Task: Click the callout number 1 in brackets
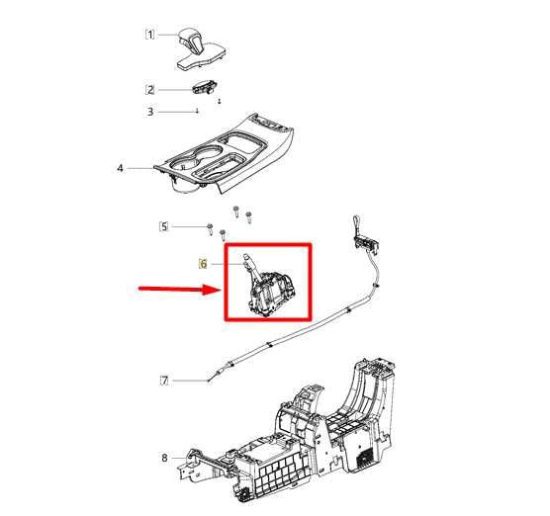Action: tap(149, 35)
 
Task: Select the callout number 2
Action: tap(150, 90)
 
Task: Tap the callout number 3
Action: tap(150, 112)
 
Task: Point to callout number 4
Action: tap(120, 169)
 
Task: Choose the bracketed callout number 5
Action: tap(164, 226)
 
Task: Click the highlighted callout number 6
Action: tap(203, 264)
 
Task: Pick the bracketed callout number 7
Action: tap(164, 381)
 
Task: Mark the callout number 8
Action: tap(164, 458)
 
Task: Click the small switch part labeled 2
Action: tap(205, 87)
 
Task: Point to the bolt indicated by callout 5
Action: tap(210, 229)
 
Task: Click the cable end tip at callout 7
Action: tap(209, 381)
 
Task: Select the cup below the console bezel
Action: tap(186, 184)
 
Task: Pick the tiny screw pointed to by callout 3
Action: tap(198, 111)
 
